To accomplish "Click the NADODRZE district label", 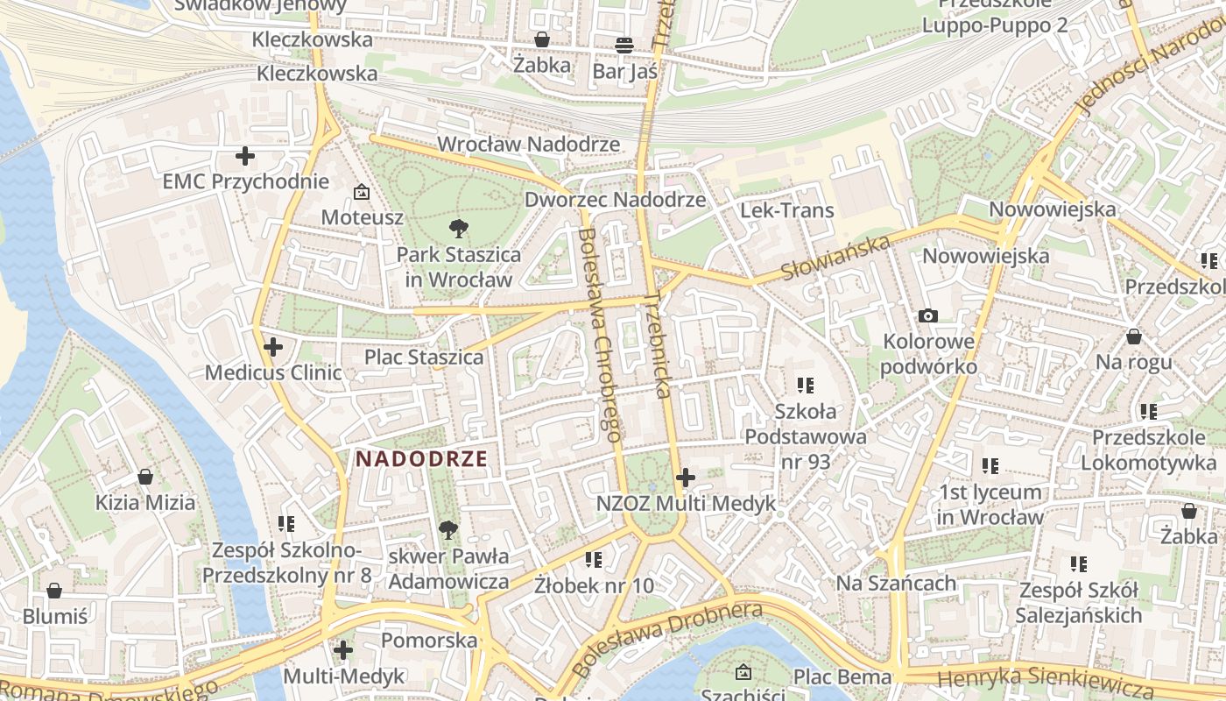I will pyautogui.click(x=421, y=458).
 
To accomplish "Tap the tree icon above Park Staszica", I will pyautogui.click(x=458, y=230).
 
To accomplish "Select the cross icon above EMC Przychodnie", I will pyautogui.click(x=245, y=157).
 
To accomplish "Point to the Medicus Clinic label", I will pyautogui.click(x=273, y=372).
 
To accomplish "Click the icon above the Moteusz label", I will pyautogui.click(x=361, y=191).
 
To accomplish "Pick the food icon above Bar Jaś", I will pyautogui.click(x=624, y=45).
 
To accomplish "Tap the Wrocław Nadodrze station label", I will pyautogui.click(x=528, y=144).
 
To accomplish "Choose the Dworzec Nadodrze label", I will pyautogui.click(x=615, y=200).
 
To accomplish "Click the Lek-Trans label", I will pyautogui.click(x=787, y=210).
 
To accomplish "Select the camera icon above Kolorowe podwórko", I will pyautogui.click(x=928, y=315).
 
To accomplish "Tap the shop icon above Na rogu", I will pyautogui.click(x=1133, y=336).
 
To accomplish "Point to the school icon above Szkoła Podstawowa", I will pyautogui.click(x=806, y=385).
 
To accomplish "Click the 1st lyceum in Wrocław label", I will pyautogui.click(x=990, y=504).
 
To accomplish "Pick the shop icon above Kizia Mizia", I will pyautogui.click(x=145, y=477).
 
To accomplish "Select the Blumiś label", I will pyautogui.click(x=55, y=616).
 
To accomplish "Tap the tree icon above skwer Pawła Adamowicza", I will pyautogui.click(x=448, y=529).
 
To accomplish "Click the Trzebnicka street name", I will pyautogui.click(x=658, y=345).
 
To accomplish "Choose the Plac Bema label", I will pyautogui.click(x=842, y=676).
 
